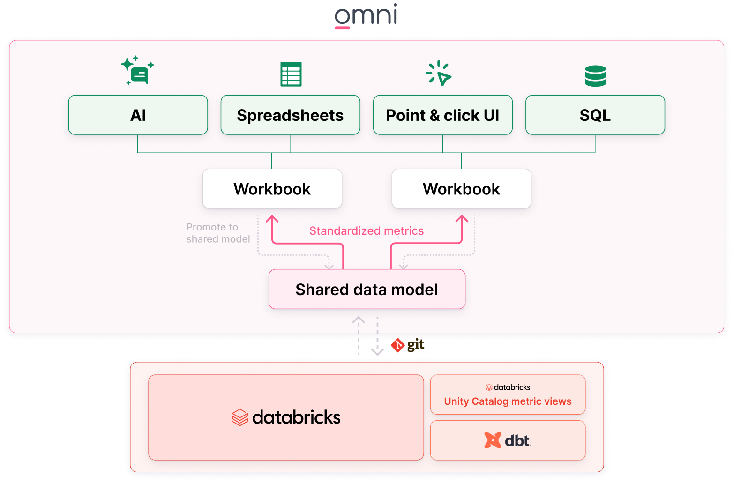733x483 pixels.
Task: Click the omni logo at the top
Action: [366, 15]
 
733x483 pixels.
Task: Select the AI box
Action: [138, 115]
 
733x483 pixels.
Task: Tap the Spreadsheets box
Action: [290, 115]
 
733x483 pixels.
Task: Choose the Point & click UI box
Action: [442, 115]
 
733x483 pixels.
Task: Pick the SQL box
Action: [595, 115]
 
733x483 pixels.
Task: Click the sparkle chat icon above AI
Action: [137, 71]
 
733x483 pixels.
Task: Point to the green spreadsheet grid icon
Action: [291, 74]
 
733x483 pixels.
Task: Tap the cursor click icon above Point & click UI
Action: [439, 73]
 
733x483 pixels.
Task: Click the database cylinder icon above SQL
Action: [595, 76]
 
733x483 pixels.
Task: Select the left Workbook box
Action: [272, 189]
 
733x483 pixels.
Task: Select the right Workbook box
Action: [461, 189]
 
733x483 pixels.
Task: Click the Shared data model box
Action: [366, 290]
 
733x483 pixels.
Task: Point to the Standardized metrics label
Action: [366, 231]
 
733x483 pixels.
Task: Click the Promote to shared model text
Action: [218, 233]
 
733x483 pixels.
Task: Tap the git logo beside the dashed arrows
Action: [407, 345]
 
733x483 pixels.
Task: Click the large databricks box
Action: [286, 417]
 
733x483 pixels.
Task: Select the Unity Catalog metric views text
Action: [508, 401]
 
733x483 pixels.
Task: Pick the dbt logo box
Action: [508, 440]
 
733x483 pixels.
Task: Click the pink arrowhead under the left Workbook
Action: [272, 219]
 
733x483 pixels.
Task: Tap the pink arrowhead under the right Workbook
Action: [462, 219]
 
